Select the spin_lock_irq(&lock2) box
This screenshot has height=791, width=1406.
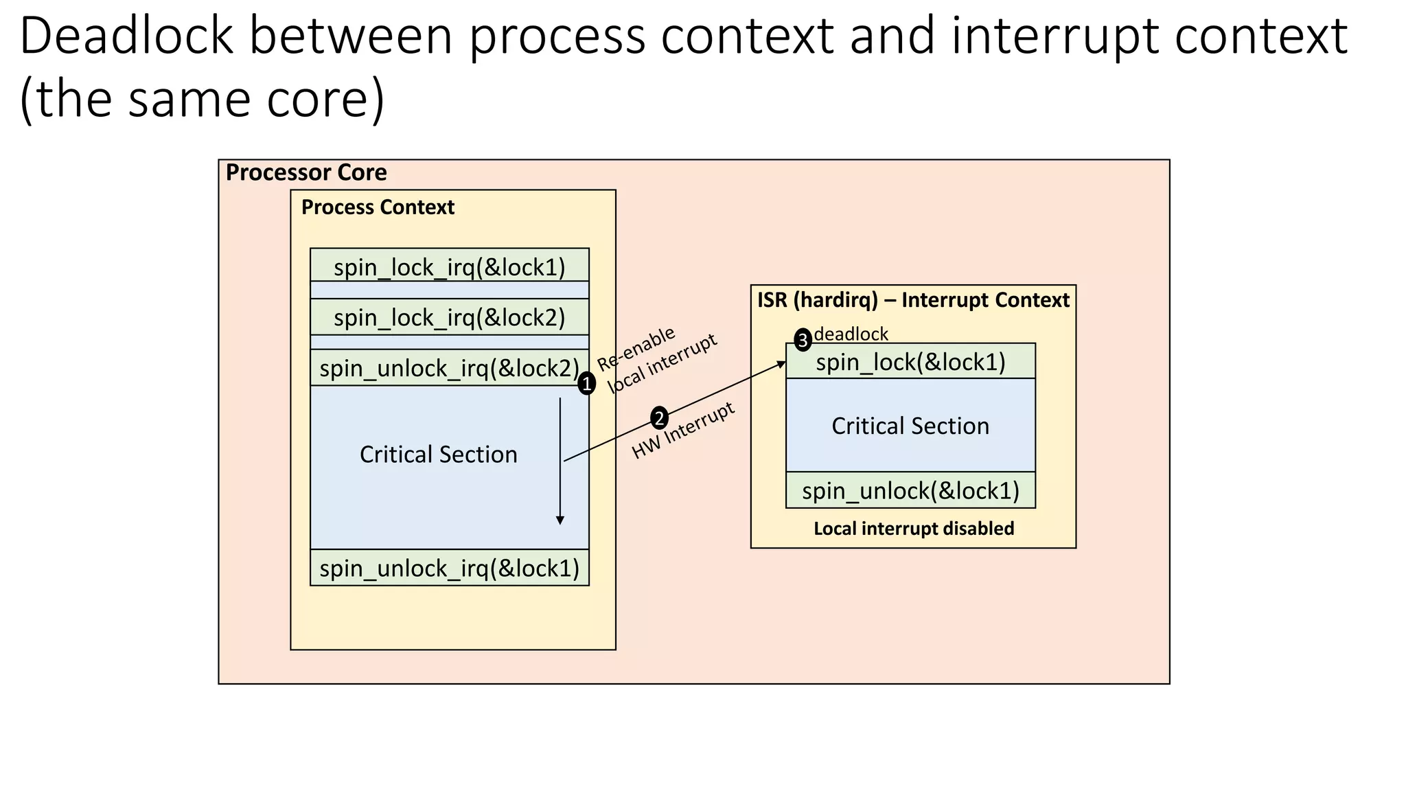(449, 317)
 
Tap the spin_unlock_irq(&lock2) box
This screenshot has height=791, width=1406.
(449, 368)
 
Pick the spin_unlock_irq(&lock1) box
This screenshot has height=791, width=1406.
(449, 568)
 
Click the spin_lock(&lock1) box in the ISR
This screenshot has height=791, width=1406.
(910, 361)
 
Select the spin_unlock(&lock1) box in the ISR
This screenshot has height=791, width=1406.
(910, 490)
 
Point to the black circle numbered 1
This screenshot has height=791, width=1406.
(586, 384)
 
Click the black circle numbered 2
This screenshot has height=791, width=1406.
(659, 417)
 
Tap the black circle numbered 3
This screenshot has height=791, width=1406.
(803, 340)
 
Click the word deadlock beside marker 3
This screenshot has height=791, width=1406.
(851, 334)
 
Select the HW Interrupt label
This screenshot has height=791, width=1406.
(684, 431)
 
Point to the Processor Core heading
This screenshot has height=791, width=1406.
(306, 172)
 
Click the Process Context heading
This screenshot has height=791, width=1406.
(378, 207)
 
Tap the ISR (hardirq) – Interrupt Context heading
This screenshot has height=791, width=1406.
(913, 300)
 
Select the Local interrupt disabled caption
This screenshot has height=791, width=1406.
(914, 528)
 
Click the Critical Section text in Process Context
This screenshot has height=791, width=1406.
(438, 455)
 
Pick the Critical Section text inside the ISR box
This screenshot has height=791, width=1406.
(910, 426)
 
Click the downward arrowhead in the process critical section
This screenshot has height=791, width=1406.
(560, 520)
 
